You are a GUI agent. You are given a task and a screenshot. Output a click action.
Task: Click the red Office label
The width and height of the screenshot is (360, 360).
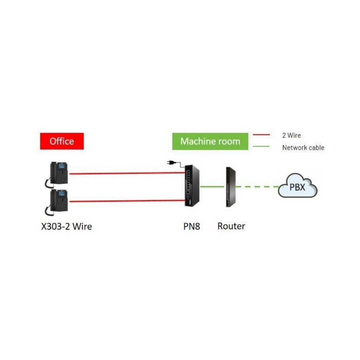pos(62,141)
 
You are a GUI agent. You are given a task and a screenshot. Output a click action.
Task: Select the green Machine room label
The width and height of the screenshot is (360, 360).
pos(210,141)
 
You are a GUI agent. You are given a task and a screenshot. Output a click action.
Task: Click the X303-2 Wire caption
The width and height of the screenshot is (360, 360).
pos(66,227)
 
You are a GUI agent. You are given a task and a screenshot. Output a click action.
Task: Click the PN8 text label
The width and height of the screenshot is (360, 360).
pos(191,227)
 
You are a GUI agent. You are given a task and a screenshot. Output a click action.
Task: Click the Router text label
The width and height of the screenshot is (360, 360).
pos(231,226)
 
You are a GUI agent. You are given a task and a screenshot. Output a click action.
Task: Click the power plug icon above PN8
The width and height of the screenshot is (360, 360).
pos(172,163)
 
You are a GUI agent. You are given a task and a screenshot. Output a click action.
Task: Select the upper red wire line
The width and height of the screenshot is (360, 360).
pos(126,173)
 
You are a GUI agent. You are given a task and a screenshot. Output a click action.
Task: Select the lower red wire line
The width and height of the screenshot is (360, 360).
pos(126,201)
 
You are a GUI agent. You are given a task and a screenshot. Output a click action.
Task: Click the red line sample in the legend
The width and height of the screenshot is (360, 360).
pos(261,135)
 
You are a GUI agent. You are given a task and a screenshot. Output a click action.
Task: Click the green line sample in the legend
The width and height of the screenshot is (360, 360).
pos(261,146)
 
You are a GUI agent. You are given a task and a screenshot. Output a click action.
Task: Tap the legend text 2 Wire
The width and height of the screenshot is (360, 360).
pos(291,136)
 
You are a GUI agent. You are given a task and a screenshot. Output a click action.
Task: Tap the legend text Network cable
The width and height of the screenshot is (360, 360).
pos(303,148)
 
